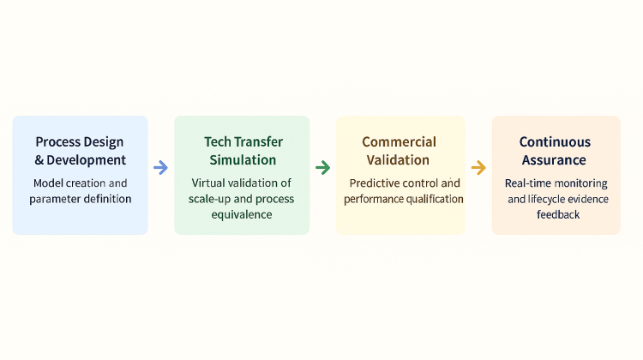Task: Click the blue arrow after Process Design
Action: (161, 167)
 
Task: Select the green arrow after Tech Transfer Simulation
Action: (322, 167)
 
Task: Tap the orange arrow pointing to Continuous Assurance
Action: (478, 167)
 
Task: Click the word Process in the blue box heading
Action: (57, 142)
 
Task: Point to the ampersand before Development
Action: (39, 160)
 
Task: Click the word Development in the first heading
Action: (86, 160)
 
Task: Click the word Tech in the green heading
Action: (217, 142)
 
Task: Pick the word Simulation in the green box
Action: (243, 160)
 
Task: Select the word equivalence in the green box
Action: (242, 215)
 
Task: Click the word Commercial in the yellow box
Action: (399, 142)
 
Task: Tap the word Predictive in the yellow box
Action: (374, 183)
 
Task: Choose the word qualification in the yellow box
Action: (435, 199)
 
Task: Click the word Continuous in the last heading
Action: (555, 142)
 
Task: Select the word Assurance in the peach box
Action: (554, 160)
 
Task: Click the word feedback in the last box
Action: (558, 214)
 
